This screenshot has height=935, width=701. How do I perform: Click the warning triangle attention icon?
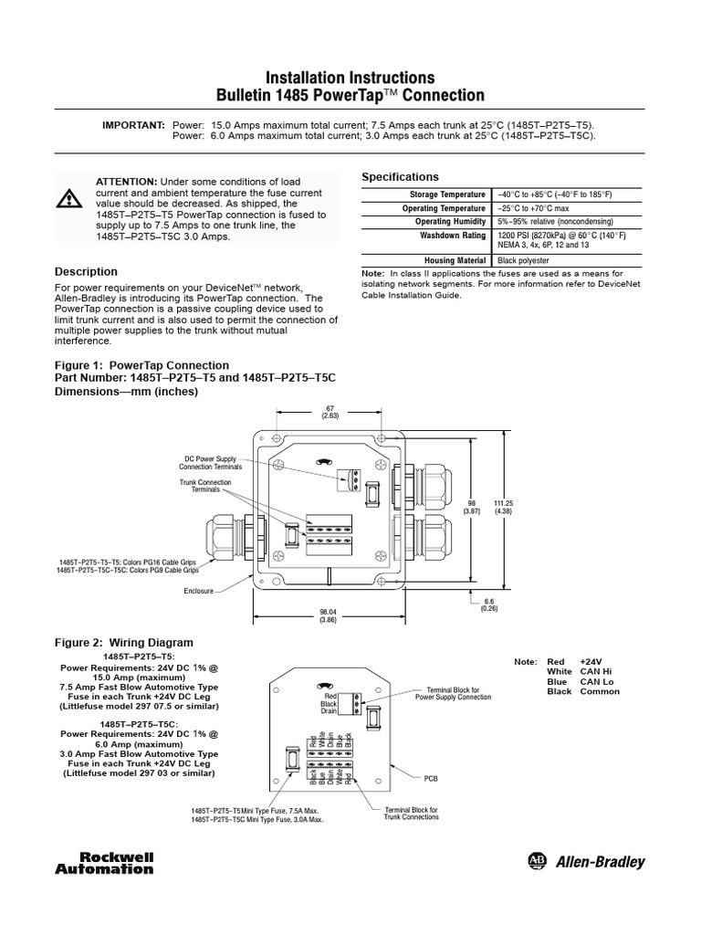point(69,198)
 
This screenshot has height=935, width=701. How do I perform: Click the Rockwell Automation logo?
point(117,863)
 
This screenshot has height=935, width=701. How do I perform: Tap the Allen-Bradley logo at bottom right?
point(586,862)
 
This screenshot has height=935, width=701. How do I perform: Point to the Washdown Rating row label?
point(452,235)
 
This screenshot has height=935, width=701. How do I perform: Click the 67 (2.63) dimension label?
point(330,412)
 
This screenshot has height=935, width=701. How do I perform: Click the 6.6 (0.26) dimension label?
point(490,604)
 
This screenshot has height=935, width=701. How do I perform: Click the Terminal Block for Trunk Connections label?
point(411,814)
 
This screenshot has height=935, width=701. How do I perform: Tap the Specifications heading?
point(401,176)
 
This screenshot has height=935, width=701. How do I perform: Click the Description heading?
point(86,271)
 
